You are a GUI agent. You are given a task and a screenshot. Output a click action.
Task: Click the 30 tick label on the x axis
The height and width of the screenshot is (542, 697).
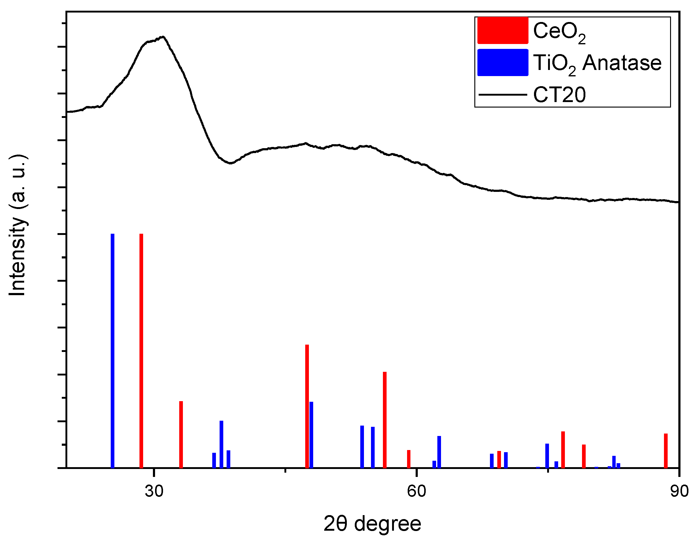click(154, 491)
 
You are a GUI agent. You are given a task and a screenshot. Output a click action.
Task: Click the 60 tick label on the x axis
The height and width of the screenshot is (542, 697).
click(417, 491)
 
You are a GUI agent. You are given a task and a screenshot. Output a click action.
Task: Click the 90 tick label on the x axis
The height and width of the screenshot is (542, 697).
click(679, 491)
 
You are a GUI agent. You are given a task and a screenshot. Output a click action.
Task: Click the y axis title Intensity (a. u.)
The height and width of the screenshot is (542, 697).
click(17, 225)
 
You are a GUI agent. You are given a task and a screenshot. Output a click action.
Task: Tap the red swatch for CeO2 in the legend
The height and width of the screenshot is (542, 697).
click(503, 31)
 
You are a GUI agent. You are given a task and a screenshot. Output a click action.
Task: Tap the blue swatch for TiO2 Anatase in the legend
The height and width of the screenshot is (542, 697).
click(503, 63)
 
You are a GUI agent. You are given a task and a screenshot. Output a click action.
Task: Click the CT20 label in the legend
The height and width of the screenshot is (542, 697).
click(559, 95)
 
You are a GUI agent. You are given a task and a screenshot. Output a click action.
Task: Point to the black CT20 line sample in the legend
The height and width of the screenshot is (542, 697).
click(503, 95)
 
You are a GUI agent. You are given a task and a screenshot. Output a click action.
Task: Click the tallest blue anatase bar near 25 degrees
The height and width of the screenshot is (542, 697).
click(112, 351)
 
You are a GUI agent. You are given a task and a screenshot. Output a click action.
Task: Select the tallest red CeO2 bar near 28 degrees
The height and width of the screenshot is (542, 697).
click(141, 351)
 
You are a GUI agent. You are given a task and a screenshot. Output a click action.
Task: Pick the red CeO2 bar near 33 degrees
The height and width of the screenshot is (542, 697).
click(181, 434)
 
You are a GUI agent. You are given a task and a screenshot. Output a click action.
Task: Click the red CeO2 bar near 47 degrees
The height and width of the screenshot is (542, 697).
click(307, 406)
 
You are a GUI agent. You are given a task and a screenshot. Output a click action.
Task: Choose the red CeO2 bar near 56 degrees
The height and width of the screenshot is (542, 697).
click(384, 419)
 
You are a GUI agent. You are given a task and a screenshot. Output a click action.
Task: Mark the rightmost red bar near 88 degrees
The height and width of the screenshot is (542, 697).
click(666, 451)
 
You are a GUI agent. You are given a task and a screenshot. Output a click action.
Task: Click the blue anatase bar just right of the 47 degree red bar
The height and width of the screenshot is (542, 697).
click(311, 434)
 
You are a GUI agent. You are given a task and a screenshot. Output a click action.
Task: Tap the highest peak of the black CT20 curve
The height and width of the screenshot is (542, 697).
click(163, 37)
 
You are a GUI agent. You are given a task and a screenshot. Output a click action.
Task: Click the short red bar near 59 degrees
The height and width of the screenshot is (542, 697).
click(409, 459)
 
